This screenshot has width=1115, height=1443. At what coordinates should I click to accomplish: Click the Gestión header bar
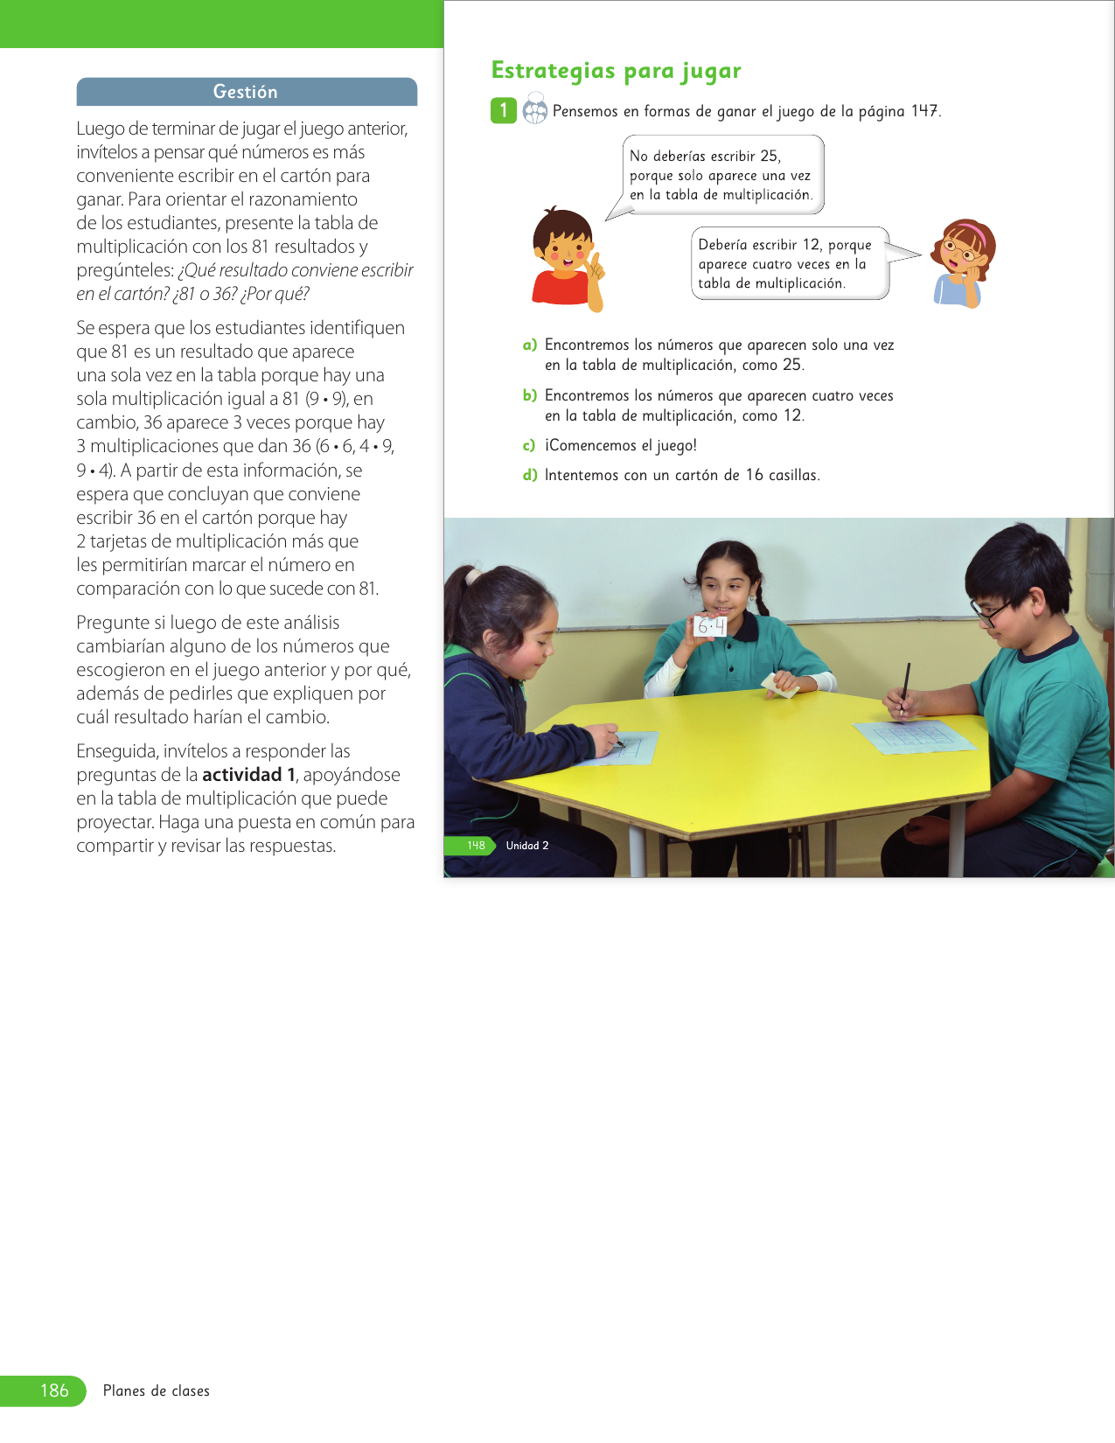[x=246, y=92]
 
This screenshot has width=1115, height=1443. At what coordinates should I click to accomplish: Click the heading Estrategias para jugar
[x=616, y=71]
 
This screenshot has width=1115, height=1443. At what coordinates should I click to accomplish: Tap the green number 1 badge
[x=503, y=110]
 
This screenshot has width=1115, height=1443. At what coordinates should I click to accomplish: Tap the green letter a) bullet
[x=529, y=345]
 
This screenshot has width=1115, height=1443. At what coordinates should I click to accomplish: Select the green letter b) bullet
[x=529, y=396]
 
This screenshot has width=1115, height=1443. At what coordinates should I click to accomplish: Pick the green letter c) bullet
[x=529, y=446]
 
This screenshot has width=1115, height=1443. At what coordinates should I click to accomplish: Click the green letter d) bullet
[x=529, y=476]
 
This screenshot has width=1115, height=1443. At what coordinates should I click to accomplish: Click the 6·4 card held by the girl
[x=710, y=626]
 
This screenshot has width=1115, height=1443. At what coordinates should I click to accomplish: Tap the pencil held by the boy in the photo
[x=906, y=687]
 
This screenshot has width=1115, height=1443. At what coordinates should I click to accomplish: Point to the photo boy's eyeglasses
[x=993, y=609]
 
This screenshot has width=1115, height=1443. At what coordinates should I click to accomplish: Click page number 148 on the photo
[x=476, y=846]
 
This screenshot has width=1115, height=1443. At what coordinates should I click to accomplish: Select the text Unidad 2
[x=527, y=846]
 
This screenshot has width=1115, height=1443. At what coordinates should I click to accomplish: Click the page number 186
[x=54, y=1391]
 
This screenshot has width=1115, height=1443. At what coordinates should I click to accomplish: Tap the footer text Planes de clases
[x=157, y=1391]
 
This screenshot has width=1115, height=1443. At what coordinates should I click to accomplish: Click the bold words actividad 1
[x=248, y=775]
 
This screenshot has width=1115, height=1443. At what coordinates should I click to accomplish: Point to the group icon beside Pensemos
[x=534, y=111]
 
